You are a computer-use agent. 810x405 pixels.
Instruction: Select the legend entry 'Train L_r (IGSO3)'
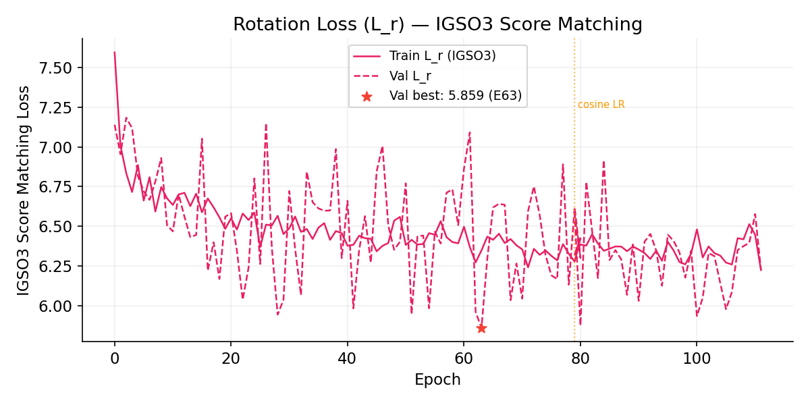(442, 56)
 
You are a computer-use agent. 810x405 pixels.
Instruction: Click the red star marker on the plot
(481, 328)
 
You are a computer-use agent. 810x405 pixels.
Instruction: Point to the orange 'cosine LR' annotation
(601, 105)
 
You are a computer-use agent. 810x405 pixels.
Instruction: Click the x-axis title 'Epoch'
(437, 380)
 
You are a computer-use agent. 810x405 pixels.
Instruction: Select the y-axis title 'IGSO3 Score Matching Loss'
(24, 190)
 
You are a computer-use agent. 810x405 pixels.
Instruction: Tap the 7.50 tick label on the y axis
(58, 68)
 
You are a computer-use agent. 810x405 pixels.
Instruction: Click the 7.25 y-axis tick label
(58, 107)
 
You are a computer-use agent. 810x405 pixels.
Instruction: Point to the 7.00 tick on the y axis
(58, 147)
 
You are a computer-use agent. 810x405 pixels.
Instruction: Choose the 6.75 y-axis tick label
(58, 187)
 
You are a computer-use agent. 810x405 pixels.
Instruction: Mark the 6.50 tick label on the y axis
(58, 226)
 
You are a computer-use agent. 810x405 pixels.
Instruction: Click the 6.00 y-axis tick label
(58, 306)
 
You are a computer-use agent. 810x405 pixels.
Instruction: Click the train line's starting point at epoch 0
(115, 52)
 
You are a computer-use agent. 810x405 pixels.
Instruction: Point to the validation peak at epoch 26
(266, 124)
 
